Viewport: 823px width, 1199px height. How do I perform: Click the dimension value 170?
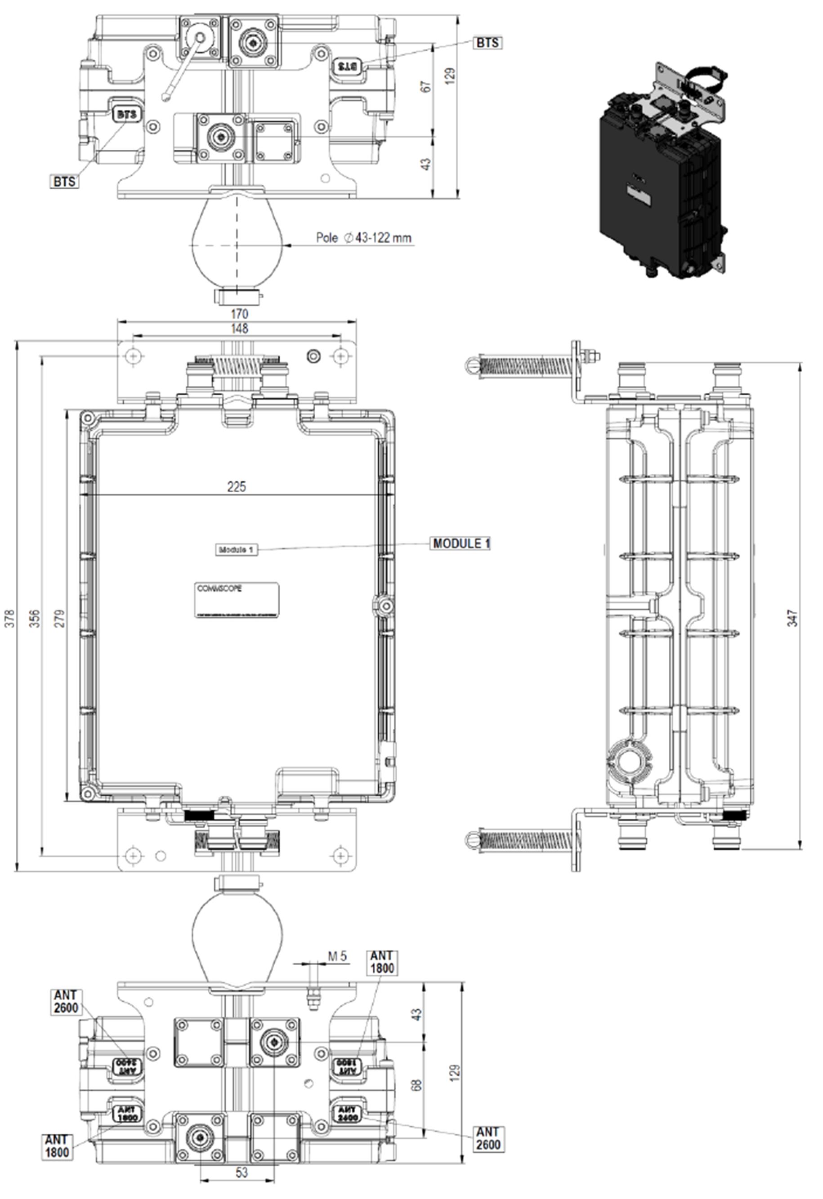(x=239, y=313)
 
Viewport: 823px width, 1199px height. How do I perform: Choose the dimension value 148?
(x=239, y=328)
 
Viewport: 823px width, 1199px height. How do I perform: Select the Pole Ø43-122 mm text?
(x=364, y=237)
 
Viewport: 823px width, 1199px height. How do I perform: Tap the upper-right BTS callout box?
(x=487, y=42)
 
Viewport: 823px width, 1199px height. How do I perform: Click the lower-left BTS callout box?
(x=64, y=182)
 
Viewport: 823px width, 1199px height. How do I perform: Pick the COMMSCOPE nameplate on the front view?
(x=237, y=600)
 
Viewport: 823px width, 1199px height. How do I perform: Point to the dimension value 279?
(x=60, y=618)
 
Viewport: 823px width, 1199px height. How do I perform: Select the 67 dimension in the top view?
(x=427, y=86)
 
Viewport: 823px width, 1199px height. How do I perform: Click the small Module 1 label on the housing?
(x=236, y=549)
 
